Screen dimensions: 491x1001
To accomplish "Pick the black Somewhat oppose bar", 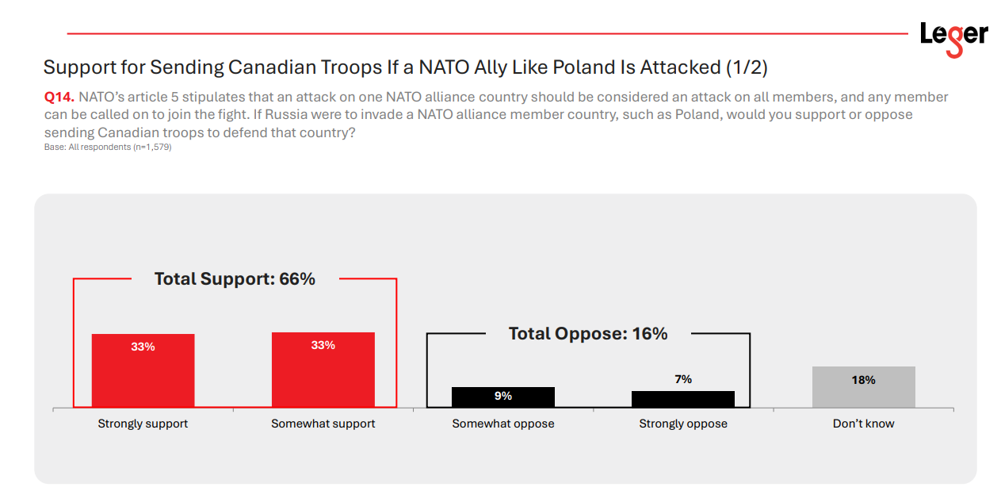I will [503, 397].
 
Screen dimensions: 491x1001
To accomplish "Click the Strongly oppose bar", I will [683, 400].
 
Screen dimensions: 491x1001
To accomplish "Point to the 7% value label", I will [683, 379].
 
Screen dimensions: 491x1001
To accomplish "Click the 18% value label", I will [863, 380].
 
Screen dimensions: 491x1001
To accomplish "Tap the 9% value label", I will [503, 396].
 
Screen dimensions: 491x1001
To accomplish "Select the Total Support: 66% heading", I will [235, 279].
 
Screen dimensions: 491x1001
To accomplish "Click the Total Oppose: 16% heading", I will [588, 334].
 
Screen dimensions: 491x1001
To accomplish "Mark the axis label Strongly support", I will [143, 424].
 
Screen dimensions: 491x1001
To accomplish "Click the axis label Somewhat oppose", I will [503, 424].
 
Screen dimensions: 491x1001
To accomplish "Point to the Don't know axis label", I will [863, 424].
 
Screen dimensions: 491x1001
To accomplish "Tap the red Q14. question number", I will [59, 98].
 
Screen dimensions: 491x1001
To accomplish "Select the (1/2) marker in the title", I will [746, 67].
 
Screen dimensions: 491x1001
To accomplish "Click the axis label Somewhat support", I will [323, 424].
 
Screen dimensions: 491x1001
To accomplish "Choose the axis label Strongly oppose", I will [683, 424].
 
